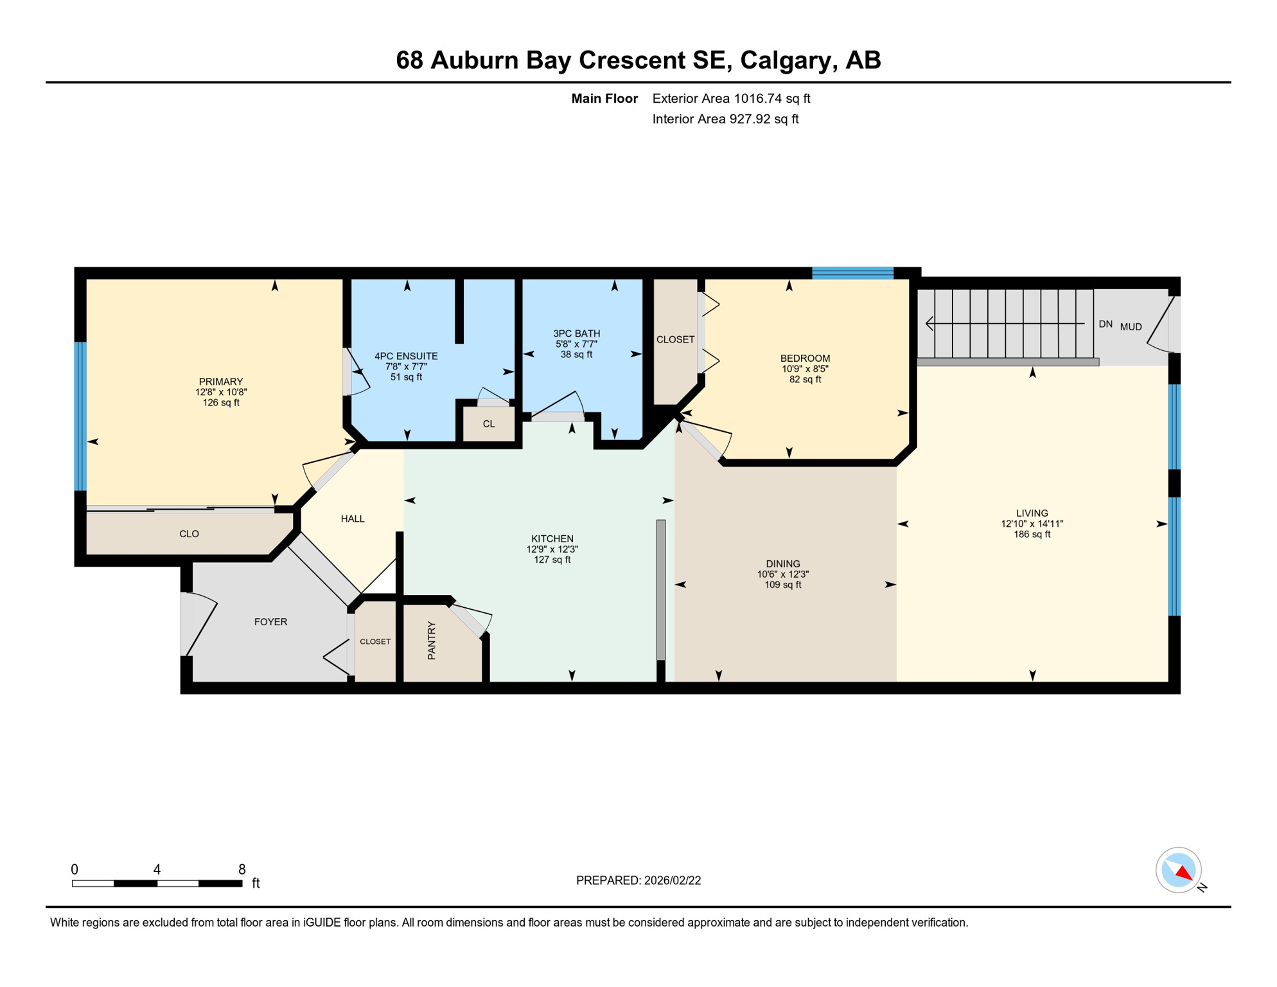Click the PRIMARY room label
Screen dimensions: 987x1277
click(x=220, y=382)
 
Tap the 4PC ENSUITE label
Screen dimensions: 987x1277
click(x=406, y=356)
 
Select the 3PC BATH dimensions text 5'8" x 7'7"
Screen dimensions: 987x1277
click(x=576, y=344)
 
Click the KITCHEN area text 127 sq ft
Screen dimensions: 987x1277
click(x=552, y=560)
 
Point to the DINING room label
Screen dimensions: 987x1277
click(x=782, y=564)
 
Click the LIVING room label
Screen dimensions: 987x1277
click(x=1032, y=513)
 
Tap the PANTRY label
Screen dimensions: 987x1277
click(x=432, y=640)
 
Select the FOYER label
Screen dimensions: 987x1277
click(x=270, y=622)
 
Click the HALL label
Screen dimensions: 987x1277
click(x=353, y=519)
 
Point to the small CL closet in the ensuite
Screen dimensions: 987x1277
click(x=489, y=424)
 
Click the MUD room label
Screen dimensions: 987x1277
click(x=1131, y=326)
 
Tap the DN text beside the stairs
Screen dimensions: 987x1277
click(x=1105, y=324)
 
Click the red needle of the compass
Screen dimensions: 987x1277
click(x=1183, y=873)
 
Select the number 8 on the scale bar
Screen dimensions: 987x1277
click(x=242, y=869)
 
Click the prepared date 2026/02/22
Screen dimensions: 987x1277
click(x=672, y=880)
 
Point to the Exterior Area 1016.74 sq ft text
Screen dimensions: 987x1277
click(x=731, y=98)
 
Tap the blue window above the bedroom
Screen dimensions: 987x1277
click(x=852, y=273)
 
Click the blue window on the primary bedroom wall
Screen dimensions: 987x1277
click(x=80, y=416)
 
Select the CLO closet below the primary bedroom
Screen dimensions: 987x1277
click(x=189, y=533)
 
